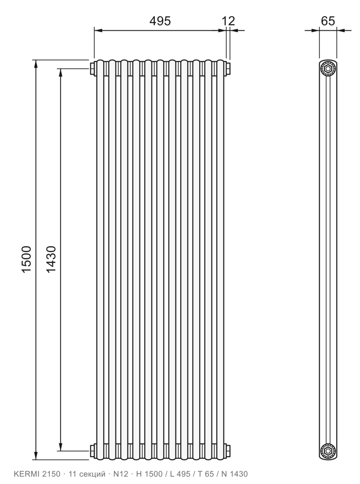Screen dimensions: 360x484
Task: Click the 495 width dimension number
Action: pos(160,21)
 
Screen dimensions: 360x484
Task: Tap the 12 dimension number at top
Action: pos(228,21)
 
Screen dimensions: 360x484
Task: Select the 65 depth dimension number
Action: pos(328,21)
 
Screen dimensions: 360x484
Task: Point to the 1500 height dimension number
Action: pos(26,259)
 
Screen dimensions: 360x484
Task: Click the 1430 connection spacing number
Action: pos(51,259)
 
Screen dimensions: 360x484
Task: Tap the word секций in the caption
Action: pos(92,474)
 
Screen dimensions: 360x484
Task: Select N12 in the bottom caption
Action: pos(121,474)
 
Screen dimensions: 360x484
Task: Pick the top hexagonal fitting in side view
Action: pos(327,68)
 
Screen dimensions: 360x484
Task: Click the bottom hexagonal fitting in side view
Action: pos(327,450)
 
